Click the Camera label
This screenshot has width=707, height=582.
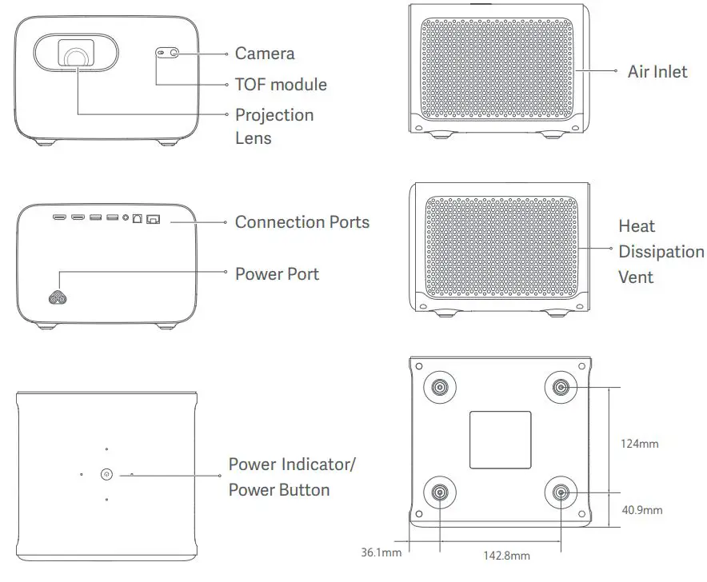pos(264,54)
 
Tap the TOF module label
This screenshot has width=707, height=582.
pos(280,84)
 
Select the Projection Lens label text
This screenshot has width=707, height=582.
pos(274,126)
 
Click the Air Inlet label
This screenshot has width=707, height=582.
pos(657,71)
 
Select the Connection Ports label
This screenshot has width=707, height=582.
pos(302,221)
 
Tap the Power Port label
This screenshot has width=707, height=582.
pos(276,273)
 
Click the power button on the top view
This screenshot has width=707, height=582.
pos(106,474)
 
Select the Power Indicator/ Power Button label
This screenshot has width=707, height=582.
pos(292,476)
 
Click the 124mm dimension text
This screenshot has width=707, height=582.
pos(640,443)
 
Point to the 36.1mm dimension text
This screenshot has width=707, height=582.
pos(381,550)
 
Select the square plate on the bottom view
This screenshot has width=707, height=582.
pos(500,440)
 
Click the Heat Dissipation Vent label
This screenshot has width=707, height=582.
pos(661,251)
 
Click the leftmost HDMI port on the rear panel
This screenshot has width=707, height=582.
pos(60,217)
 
